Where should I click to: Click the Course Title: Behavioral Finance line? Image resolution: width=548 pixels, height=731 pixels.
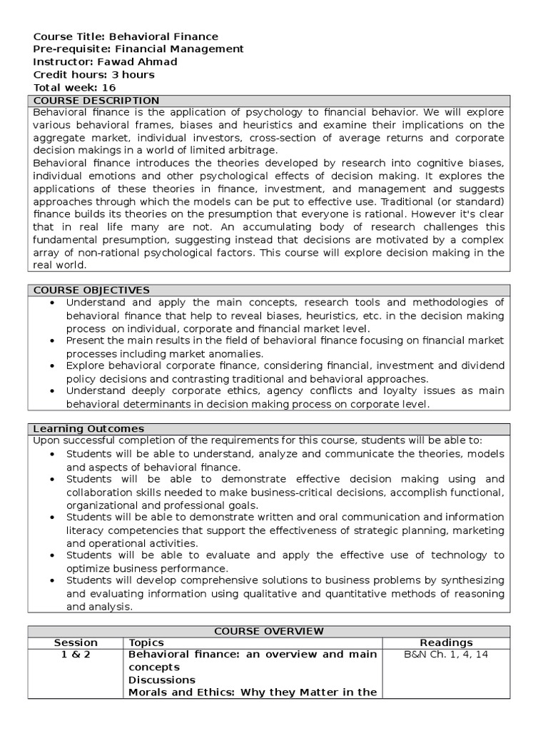126,36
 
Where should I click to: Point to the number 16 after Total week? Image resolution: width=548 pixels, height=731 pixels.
108,88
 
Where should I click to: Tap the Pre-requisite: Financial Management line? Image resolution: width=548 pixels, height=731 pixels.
138,49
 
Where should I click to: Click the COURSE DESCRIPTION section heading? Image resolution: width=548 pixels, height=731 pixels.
97,101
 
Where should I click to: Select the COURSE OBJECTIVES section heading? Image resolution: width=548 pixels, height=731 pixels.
92,290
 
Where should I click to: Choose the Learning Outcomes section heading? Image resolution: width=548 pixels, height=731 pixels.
89,428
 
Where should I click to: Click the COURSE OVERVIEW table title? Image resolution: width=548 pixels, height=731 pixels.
269,631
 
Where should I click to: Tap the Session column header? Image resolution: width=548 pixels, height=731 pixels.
76,642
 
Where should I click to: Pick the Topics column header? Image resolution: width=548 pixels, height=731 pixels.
146,642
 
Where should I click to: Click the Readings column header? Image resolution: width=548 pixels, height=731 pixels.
446,642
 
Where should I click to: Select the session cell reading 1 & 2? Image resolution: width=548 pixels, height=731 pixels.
76,655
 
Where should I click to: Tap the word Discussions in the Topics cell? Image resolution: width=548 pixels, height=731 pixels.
161,680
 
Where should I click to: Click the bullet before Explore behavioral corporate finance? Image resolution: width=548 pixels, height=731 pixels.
54,366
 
